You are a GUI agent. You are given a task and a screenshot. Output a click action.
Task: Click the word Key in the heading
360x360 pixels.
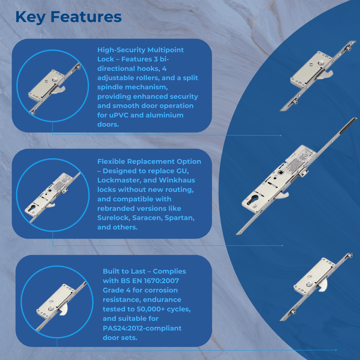[30, 17]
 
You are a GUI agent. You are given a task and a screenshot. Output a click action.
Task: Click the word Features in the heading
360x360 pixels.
[86, 17]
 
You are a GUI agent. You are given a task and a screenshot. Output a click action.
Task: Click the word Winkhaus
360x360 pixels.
[177, 180]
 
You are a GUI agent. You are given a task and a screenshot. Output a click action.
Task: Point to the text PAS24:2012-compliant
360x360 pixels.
[142, 328]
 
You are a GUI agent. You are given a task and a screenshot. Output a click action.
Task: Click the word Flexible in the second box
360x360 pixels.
[111, 162]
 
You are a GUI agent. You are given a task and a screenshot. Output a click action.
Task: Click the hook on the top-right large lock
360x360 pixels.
[325, 75]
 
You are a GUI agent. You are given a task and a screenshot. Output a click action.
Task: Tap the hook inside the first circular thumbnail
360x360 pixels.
[58, 90]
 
